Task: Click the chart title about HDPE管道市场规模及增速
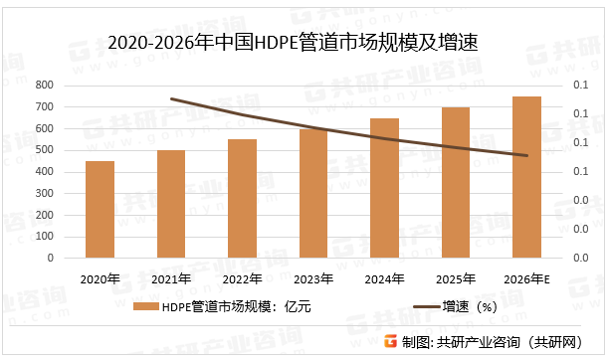click(x=305, y=42)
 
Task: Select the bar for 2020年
click(x=100, y=210)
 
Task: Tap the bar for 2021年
click(x=171, y=204)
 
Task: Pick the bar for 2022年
click(x=242, y=199)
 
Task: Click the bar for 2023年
click(x=313, y=193)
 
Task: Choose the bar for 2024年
click(x=384, y=188)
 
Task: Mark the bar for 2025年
click(x=456, y=182)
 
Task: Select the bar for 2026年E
click(x=526, y=177)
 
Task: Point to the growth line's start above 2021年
click(x=171, y=98)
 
